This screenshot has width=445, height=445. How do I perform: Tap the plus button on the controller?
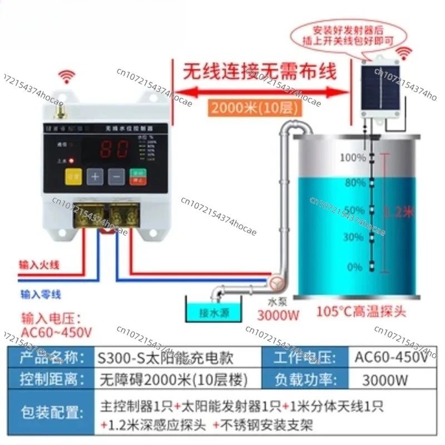click(95, 176)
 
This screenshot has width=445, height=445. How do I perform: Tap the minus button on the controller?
click(115, 176)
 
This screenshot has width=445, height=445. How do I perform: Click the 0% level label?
click(355, 267)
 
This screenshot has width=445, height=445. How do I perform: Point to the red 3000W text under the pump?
click(278, 315)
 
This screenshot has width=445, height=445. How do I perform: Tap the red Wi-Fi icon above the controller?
click(69, 75)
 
